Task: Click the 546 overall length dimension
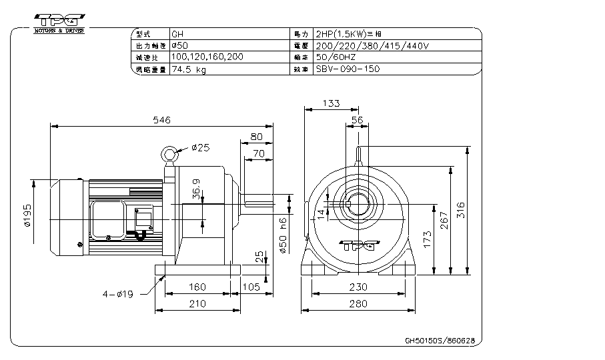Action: pos(162,120)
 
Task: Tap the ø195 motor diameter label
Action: pos(28,215)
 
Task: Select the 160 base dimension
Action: pos(197,287)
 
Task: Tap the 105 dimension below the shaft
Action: pos(251,287)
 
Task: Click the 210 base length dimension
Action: pos(197,304)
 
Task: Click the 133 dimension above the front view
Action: pos(331,103)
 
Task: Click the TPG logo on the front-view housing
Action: pos(355,244)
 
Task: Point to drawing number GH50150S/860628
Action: pos(440,340)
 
